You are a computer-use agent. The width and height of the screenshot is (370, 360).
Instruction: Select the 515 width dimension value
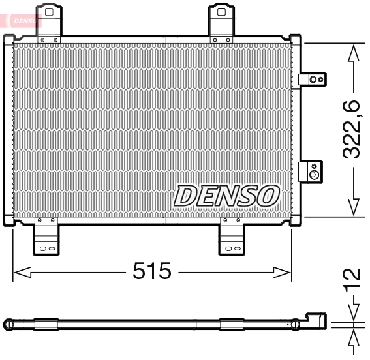(x=151, y=271)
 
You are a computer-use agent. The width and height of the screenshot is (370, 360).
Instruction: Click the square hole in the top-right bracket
(x=222, y=11)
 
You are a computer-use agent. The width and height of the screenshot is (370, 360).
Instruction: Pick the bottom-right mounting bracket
(x=231, y=239)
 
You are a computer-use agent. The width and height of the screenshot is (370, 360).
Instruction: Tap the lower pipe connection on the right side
(x=312, y=172)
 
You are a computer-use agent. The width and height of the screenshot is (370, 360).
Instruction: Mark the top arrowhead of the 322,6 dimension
(x=353, y=52)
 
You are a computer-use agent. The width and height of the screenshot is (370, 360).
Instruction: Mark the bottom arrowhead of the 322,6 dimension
(x=353, y=207)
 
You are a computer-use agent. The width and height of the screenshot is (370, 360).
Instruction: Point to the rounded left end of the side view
(x=8, y=323)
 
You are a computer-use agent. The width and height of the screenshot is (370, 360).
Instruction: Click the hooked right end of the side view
(x=317, y=320)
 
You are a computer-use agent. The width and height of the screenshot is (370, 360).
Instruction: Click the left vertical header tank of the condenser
(x=8, y=130)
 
